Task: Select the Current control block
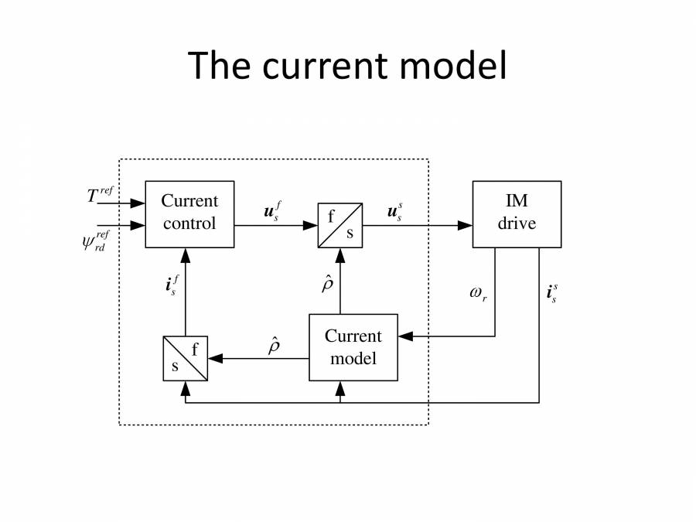189,213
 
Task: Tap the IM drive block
517,213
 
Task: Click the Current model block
353,347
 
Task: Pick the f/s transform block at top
340,225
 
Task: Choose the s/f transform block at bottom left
185,358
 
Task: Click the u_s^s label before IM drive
394,211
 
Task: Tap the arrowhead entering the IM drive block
466,226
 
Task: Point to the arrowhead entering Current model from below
340,387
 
